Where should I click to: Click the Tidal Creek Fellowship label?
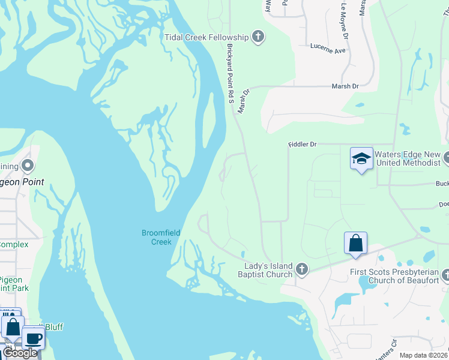[x=206, y=37]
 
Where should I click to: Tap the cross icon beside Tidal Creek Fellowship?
[x=258, y=37]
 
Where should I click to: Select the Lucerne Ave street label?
[x=328, y=48]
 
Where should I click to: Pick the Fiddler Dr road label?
[x=301, y=145]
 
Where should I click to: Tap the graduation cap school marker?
[x=361, y=159]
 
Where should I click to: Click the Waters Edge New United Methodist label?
[x=408, y=158]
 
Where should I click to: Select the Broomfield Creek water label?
[x=157, y=238]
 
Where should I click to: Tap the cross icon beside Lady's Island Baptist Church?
[x=302, y=270]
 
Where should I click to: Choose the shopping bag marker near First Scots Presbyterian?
[x=355, y=244]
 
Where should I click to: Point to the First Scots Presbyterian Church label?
[x=394, y=276]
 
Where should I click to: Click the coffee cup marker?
[x=33, y=337]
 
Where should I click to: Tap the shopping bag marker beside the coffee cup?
[x=13, y=328]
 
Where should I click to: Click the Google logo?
[x=20, y=353]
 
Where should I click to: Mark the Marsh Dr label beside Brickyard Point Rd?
[x=243, y=101]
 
